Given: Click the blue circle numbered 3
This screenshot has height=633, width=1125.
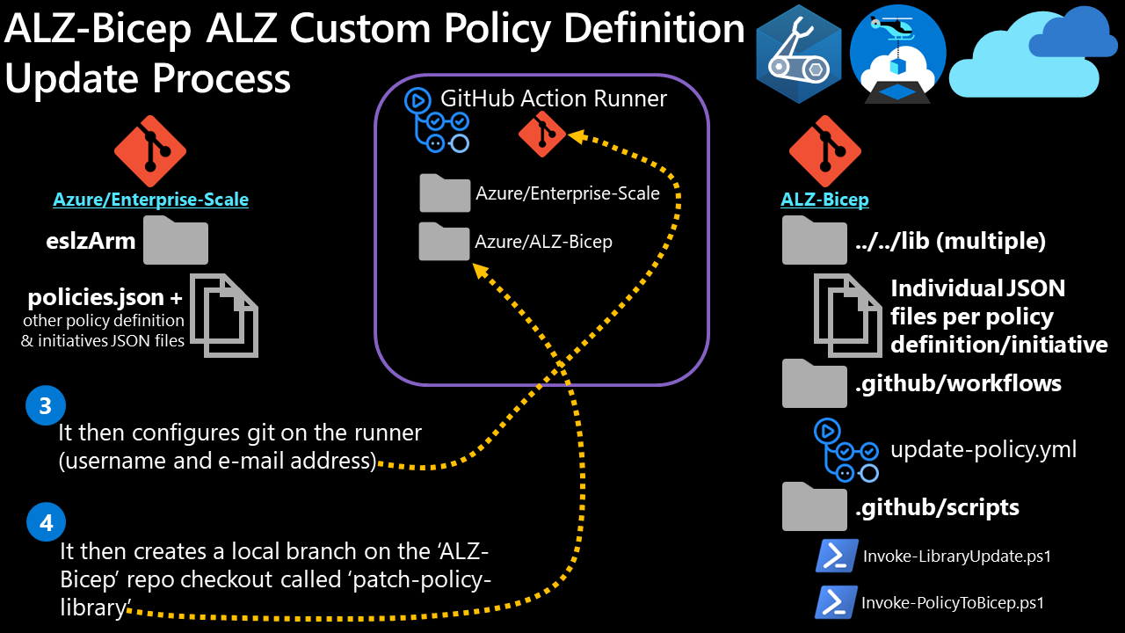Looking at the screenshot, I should [47, 406].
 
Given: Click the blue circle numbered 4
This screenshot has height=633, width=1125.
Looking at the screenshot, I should [47, 522].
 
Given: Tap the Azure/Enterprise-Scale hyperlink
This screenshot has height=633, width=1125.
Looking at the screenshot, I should [150, 200].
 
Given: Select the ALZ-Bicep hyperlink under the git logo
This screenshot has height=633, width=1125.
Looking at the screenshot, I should [824, 200].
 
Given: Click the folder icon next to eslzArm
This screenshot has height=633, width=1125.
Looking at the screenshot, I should [176, 240].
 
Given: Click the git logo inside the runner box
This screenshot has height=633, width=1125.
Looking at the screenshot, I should [542, 134].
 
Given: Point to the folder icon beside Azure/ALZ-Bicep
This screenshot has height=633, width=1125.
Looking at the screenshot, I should [444, 241].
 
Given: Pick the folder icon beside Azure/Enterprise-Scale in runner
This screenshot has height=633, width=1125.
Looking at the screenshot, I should [445, 193].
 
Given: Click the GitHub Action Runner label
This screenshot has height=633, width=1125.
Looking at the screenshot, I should [554, 98].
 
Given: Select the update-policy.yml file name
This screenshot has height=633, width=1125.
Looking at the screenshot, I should [983, 450].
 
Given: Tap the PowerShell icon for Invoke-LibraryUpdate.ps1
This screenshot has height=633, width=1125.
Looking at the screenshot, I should [837, 556].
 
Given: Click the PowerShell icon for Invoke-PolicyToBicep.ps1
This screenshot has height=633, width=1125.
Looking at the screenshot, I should [837, 602].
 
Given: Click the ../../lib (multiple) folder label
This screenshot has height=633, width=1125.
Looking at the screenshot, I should [950, 242].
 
